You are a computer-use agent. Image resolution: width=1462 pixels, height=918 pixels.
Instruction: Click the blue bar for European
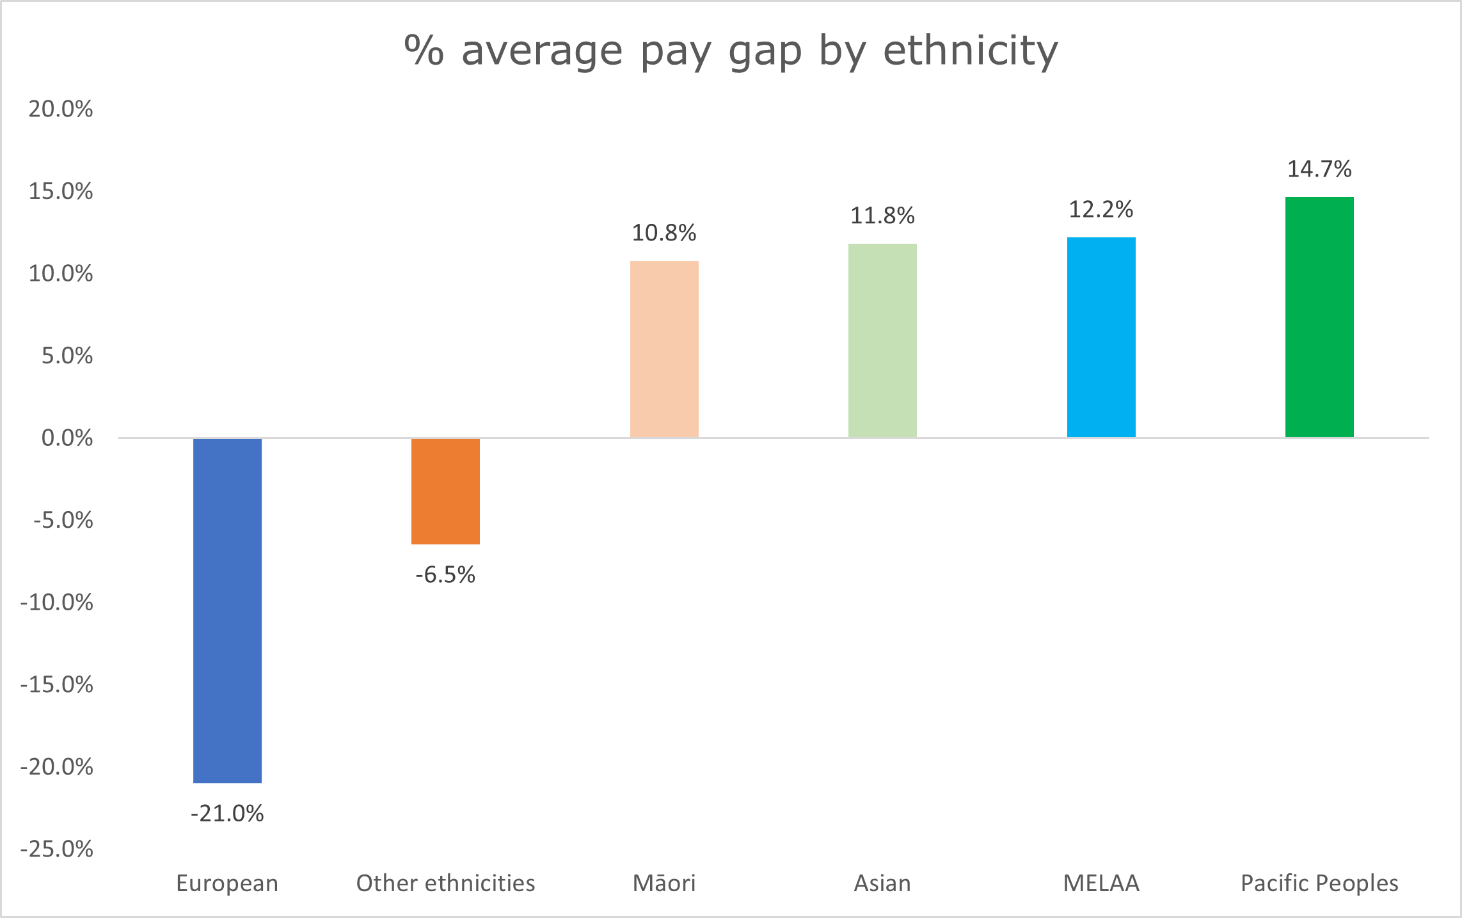pos(227,610)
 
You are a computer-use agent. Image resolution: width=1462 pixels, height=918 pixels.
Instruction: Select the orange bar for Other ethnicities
pos(445,491)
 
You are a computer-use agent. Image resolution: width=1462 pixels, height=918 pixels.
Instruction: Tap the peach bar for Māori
pos(664,349)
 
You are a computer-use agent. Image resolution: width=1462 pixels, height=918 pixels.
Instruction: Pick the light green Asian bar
pos(882,340)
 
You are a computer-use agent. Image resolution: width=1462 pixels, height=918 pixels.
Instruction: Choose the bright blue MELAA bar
pos(1101,337)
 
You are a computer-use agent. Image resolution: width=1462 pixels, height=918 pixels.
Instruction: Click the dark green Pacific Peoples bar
pos(1319,317)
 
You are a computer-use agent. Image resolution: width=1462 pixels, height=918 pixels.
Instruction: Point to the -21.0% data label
pos(227,814)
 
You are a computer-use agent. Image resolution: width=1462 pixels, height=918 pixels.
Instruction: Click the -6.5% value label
pos(445,574)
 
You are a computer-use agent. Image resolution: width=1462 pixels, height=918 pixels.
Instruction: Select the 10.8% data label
pos(664,233)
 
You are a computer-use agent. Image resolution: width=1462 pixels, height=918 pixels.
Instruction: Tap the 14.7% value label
pos(1319,169)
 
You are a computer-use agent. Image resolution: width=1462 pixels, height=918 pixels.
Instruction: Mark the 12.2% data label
pos(1101,209)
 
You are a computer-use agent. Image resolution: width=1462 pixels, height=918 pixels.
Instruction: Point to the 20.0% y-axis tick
pos(61,109)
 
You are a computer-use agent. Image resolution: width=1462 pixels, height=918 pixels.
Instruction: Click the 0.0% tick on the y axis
pos(67,438)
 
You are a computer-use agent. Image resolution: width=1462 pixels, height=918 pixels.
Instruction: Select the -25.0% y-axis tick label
pos(57,849)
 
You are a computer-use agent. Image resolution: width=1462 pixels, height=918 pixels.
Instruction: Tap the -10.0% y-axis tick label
pos(57,603)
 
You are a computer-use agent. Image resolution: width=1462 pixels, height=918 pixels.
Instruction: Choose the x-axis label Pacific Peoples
pos(1319,883)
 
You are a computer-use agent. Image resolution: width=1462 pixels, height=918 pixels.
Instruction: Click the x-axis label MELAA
pos(1101,883)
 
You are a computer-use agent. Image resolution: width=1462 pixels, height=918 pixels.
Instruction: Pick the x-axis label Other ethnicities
pos(445,883)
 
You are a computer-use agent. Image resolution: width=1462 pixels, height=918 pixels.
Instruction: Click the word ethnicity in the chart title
pos(971,51)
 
